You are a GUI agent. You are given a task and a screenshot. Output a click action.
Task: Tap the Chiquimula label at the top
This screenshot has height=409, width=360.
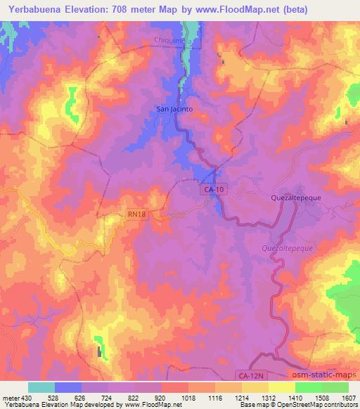pyautogui.click(x=174, y=41)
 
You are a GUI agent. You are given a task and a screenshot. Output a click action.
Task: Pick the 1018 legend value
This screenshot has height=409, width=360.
pyautogui.click(x=186, y=398)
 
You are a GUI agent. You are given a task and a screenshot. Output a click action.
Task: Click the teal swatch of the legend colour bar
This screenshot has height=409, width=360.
pyautogui.click(x=41, y=387)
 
